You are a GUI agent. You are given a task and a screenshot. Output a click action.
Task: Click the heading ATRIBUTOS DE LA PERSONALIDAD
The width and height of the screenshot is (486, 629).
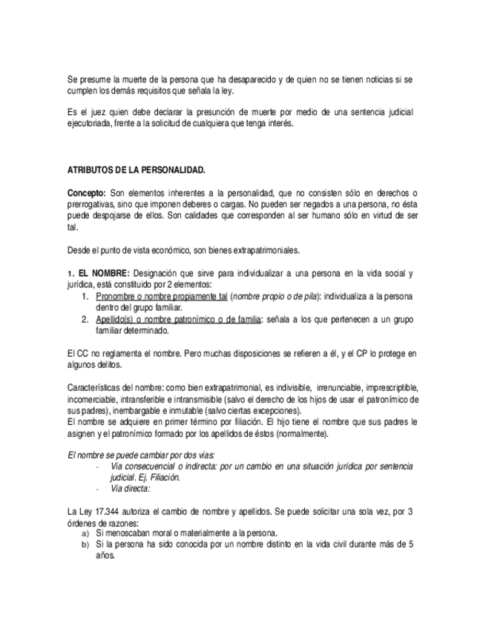click(137, 170)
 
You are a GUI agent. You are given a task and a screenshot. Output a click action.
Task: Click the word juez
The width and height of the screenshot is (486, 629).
click(96, 112)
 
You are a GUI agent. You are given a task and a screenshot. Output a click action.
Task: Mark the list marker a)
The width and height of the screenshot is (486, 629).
click(85, 533)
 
